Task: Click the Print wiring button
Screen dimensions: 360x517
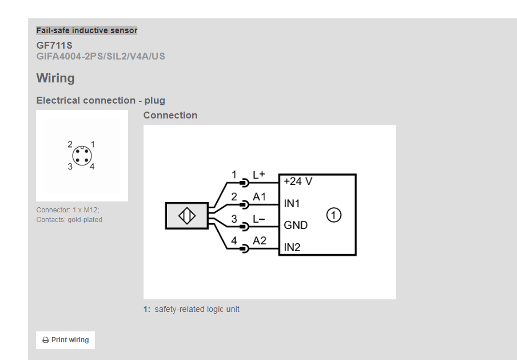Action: (x=65, y=340)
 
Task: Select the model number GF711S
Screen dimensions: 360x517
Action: (x=54, y=45)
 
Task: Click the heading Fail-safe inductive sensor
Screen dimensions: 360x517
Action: (x=86, y=30)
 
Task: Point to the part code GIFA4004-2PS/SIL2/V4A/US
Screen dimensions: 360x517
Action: (x=101, y=56)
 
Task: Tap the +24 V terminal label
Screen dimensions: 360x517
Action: (x=298, y=181)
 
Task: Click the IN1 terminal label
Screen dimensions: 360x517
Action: (x=292, y=203)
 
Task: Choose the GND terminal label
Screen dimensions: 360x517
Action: (x=296, y=225)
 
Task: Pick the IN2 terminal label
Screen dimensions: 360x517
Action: (x=292, y=247)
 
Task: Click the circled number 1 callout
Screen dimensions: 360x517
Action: (x=334, y=215)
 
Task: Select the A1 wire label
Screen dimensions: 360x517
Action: (x=260, y=197)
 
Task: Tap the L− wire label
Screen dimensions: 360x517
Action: (x=259, y=219)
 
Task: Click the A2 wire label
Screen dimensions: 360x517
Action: (x=260, y=241)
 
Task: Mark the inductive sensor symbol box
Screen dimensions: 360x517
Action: (x=186, y=216)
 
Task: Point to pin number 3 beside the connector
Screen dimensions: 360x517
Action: (x=70, y=167)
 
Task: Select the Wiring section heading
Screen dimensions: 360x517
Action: (x=55, y=78)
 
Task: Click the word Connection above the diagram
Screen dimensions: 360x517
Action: (x=170, y=115)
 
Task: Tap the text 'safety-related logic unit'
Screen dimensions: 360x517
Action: (x=197, y=309)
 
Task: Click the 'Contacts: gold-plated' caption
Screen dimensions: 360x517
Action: (x=69, y=219)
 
